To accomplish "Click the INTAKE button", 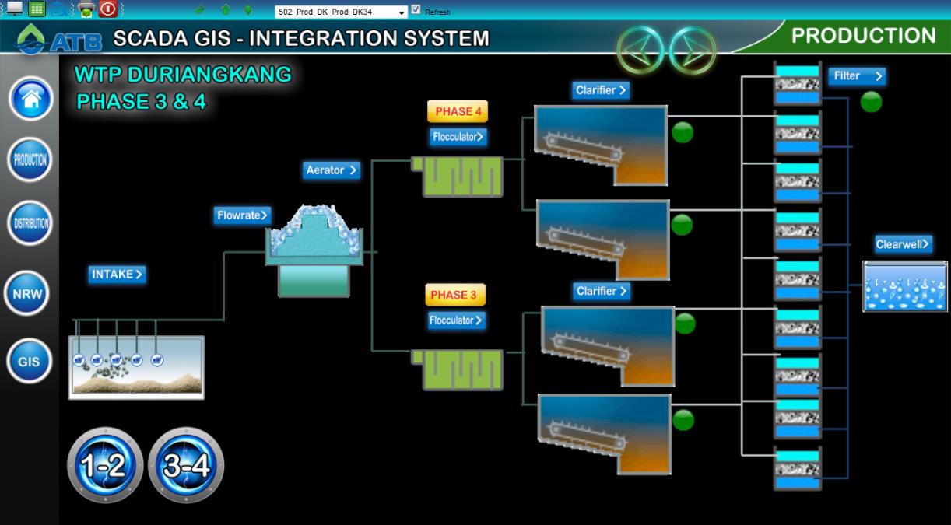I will point(118,274).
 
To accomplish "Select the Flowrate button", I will point(242,215).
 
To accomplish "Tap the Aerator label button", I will point(332,170).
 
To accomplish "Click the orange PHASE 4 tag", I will point(458,111).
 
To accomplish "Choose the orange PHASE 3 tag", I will point(454,295).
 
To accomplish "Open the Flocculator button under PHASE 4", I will point(458,137).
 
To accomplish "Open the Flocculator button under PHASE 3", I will point(456,320).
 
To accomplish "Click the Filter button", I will point(856,76).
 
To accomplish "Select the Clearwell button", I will point(903,244).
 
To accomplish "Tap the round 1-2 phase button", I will point(104,465).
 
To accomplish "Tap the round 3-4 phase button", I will point(185,465).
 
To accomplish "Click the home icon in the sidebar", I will point(31,99).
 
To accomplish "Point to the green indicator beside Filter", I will point(871,102).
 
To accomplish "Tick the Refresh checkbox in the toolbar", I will point(416,10).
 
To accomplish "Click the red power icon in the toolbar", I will point(108,9).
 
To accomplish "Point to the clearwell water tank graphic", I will point(904,287).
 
